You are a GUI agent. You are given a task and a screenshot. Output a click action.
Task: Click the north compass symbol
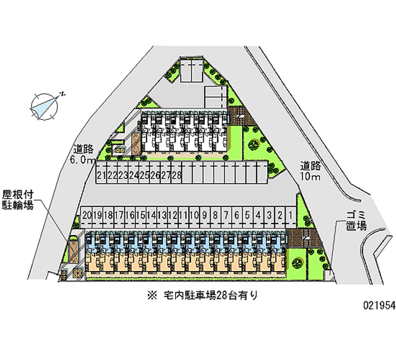[x=46, y=104]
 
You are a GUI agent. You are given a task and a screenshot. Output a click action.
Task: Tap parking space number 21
[x=101, y=175]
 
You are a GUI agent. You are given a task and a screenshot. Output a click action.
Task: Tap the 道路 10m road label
[x=311, y=171]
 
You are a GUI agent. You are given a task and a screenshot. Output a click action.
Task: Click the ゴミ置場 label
[x=355, y=220]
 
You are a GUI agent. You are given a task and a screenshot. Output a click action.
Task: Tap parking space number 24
[x=133, y=175]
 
